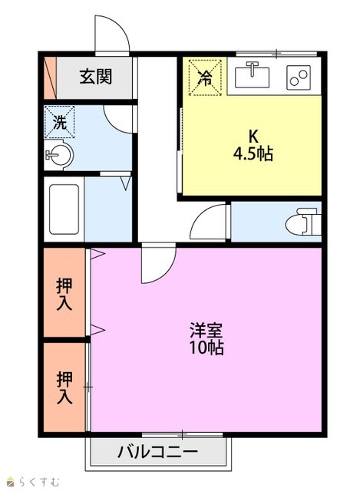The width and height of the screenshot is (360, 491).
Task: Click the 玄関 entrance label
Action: tap(95, 77)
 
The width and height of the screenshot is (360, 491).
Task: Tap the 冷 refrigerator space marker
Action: tap(205, 77)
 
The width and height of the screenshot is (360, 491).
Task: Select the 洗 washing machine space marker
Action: tap(60, 122)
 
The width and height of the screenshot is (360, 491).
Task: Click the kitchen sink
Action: tap(252, 75)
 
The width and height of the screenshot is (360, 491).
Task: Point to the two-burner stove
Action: tap(299, 77)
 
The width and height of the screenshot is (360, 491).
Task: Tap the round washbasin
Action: tap(58, 155)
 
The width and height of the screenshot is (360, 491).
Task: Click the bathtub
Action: tap(64, 209)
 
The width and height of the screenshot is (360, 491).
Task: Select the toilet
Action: tap(303, 222)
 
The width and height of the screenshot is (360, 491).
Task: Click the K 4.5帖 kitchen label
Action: tap(253, 145)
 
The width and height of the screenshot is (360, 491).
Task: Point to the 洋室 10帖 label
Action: tap(206, 338)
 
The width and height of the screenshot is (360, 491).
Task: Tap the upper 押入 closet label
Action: tap(64, 294)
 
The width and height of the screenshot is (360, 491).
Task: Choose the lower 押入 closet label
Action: tap(64, 387)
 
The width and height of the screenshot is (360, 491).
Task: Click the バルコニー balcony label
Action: tap(158, 452)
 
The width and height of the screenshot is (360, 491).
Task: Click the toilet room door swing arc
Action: tap(200, 216)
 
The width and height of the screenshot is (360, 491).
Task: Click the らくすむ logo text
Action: tap(34, 481)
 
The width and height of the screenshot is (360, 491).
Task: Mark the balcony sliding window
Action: tap(182, 435)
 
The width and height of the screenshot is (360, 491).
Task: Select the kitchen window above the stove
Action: tap(276, 54)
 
